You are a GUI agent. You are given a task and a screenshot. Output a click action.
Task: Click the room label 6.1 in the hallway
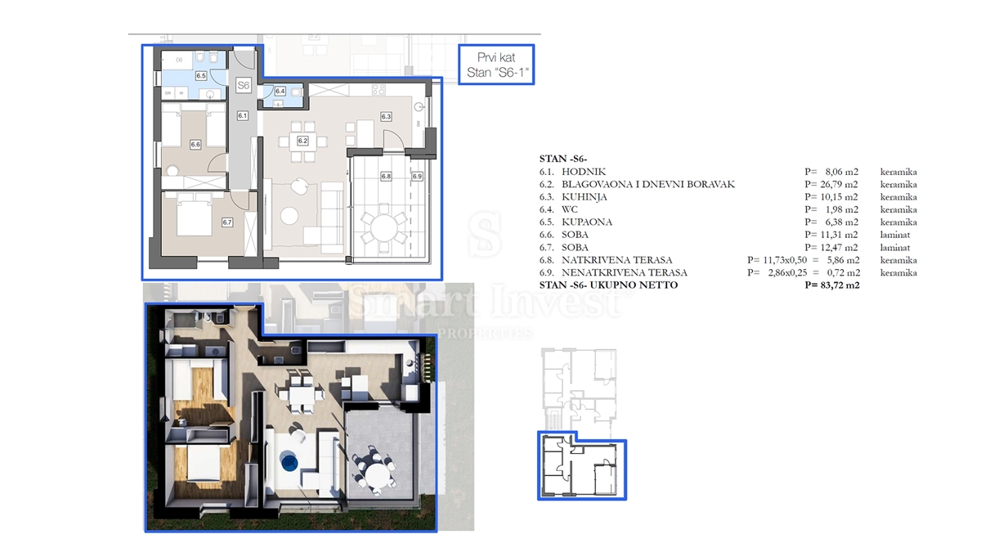click(242, 116)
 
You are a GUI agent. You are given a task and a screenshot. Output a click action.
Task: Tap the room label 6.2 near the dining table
click(302, 141)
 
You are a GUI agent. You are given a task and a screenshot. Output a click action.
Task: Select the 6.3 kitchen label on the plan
click(387, 116)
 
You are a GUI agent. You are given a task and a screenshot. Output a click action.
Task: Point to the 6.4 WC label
click(280, 92)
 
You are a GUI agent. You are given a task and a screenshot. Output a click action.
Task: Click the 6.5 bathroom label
click(200, 75)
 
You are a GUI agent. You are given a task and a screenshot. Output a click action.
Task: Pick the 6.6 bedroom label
click(195, 145)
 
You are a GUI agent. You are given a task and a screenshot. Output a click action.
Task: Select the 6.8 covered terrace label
click(386, 176)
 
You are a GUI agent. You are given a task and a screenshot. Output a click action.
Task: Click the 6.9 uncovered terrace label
click(416, 176)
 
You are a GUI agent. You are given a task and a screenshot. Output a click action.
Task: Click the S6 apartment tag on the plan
click(243, 85)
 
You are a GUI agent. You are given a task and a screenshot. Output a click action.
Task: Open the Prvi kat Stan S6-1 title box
click(494, 65)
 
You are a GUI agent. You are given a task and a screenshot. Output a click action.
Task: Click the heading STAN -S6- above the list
click(564, 159)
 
